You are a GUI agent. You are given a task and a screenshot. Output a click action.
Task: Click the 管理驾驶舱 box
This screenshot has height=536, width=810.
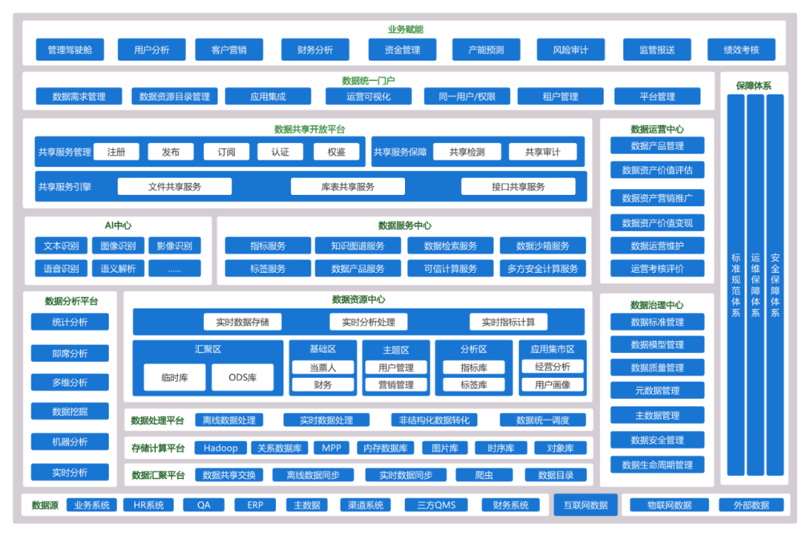[x=70, y=50]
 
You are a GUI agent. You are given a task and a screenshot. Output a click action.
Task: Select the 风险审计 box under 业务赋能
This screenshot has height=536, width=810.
[x=570, y=50]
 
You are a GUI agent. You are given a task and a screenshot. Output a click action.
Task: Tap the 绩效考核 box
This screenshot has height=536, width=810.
[x=741, y=50]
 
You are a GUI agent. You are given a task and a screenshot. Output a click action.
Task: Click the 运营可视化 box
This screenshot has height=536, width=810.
[x=368, y=97]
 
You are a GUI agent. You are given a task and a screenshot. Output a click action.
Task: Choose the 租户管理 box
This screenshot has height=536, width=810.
[x=559, y=97]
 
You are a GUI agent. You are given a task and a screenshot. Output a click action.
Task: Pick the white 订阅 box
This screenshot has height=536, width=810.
[x=226, y=152]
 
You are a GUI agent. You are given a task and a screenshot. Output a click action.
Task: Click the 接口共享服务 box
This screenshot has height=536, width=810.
[x=518, y=187]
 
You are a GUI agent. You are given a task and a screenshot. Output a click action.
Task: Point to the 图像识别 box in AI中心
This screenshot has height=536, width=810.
[x=118, y=246]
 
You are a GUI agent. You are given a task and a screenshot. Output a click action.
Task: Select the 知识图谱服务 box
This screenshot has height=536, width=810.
[x=358, y=246]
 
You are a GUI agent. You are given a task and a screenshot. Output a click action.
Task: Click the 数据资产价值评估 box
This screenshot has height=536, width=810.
[x=657, y=170]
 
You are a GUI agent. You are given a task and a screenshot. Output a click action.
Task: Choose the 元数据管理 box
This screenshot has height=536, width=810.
[x=657, y=391]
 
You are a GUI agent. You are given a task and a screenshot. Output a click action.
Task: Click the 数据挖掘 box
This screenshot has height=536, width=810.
[x=70, y=412]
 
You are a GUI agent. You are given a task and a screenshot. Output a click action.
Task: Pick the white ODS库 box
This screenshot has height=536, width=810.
[x=242, y=378]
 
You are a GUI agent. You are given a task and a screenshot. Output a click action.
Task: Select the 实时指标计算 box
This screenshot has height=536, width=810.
[x=508, y=322]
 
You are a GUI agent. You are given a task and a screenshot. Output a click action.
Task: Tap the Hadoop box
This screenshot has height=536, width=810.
[x=220, y=448]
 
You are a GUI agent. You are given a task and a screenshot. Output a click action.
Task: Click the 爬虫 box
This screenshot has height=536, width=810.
[x=484, y=475]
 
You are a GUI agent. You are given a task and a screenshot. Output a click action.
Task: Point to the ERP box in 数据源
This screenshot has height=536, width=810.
[x=255, y=505]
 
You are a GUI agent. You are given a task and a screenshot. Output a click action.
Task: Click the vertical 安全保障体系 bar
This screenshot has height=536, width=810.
[x=775, y=285]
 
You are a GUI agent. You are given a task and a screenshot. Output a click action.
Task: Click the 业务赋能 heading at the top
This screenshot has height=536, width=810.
[x=405, y=29]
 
